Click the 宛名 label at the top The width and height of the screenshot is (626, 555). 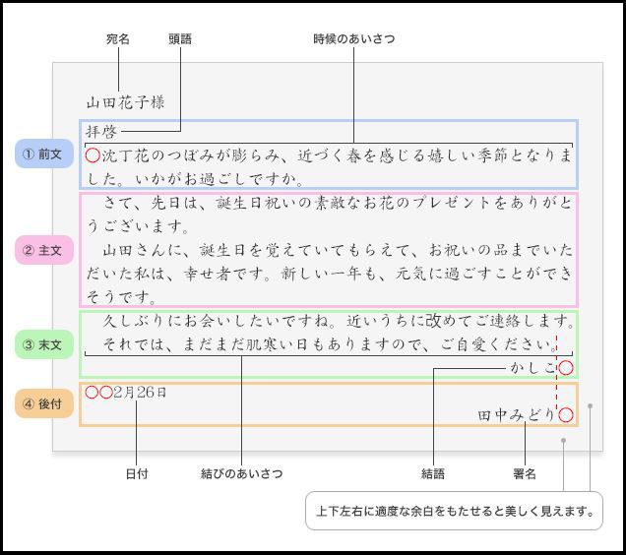[118, 39]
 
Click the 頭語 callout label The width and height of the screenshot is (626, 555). [180, 39]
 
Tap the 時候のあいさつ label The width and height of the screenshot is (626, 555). [353, 39]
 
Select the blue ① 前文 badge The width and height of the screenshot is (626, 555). [44, 154]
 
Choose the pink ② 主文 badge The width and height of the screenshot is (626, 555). [44, 250]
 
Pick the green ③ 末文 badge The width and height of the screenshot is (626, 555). [44, 344]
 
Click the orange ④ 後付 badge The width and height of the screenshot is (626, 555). [44, 403]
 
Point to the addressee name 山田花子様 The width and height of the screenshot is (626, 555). [125, 102]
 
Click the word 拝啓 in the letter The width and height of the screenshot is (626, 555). [101, 131]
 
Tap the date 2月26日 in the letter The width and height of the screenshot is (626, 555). [140, 393]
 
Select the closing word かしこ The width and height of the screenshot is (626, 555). [533, 368]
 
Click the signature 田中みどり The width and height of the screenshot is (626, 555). [517, 415]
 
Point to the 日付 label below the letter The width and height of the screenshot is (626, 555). [137, 474]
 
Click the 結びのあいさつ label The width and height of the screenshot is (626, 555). [241, 474]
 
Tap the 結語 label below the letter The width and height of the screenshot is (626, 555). [433, 474]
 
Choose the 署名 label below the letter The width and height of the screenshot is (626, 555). [525, 474]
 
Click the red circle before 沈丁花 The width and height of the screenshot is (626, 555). [93, 149]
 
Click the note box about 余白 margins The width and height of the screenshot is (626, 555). [454, 511]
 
